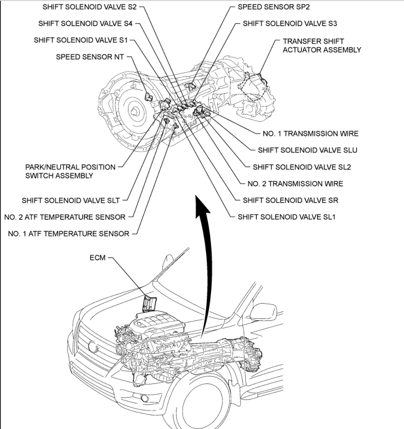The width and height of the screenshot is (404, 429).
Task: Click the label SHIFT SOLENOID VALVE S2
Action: [x=90, y=7]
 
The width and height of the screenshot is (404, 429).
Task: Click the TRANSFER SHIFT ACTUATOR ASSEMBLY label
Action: [x=322, y=45]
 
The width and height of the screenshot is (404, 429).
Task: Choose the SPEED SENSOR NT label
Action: [x=91, y=57]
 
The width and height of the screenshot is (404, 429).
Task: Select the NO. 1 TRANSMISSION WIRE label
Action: [x=309, y=134]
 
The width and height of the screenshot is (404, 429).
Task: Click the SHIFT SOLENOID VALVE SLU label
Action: [x=307, y=150]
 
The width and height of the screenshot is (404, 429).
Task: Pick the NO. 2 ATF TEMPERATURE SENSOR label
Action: [x=65, y=217]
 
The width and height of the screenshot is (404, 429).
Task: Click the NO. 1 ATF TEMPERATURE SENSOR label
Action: [x=69, y=234]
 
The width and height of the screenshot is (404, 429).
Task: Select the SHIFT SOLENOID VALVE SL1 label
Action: [x=286, y=217]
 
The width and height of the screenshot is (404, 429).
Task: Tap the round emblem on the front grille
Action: [x=93, y=347]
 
